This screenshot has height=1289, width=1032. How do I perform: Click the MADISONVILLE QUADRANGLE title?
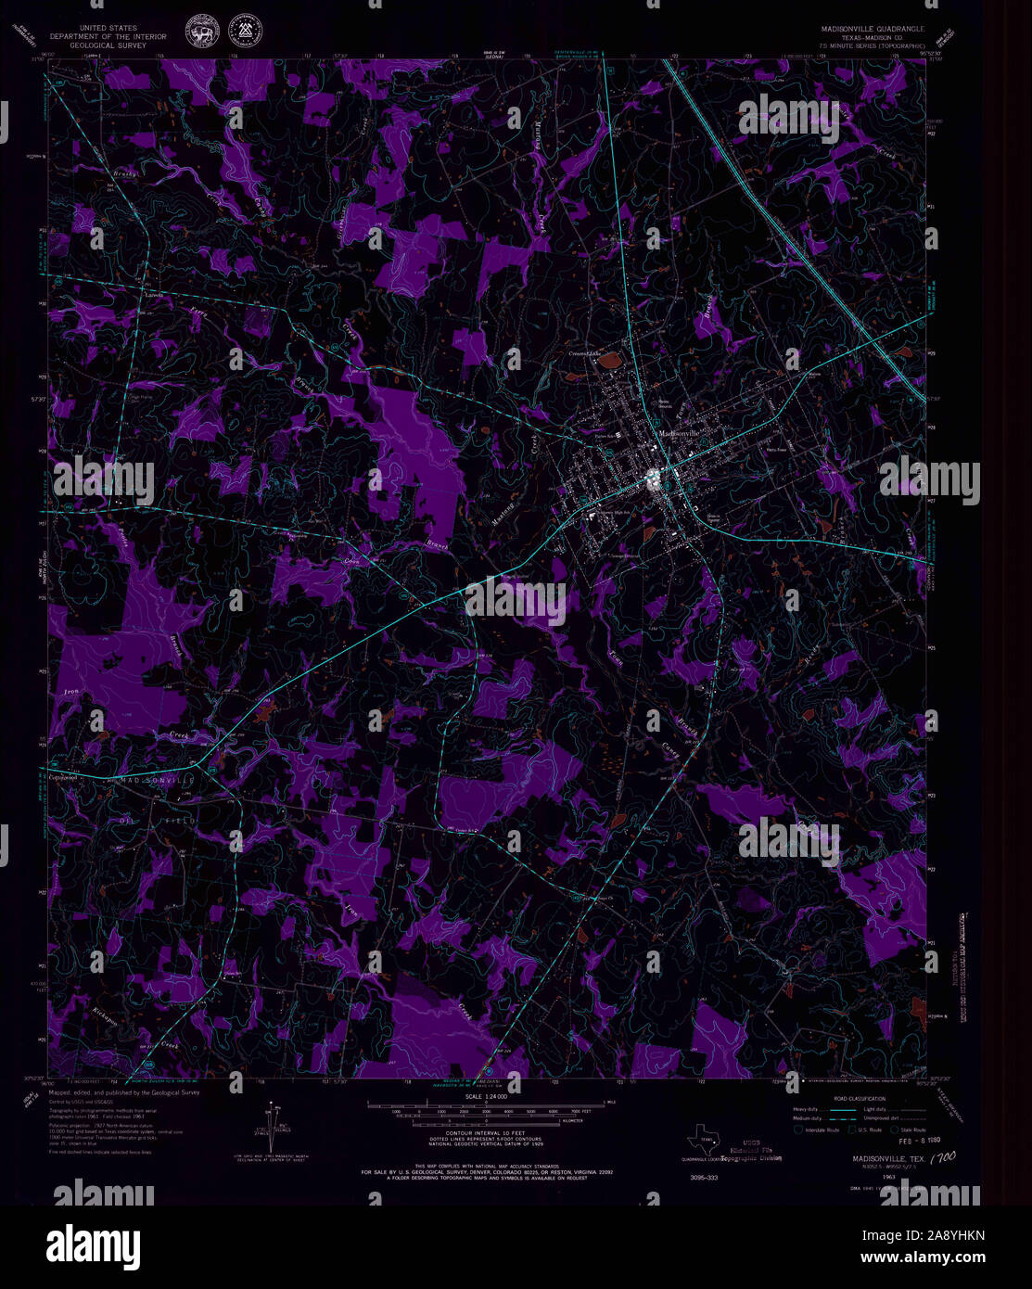(x=865, y=29)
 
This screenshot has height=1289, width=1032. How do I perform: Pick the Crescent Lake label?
(x=586, y=354)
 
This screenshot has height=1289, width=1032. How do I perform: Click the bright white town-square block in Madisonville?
(x=654, y=478)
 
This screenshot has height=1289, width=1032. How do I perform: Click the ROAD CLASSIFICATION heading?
(x=859, y=1098)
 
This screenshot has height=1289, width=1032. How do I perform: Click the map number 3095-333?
(x=705, y=1177)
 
